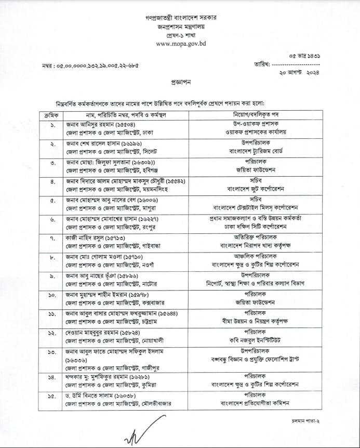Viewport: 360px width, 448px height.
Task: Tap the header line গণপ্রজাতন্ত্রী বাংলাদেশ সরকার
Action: coord(180,17)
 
